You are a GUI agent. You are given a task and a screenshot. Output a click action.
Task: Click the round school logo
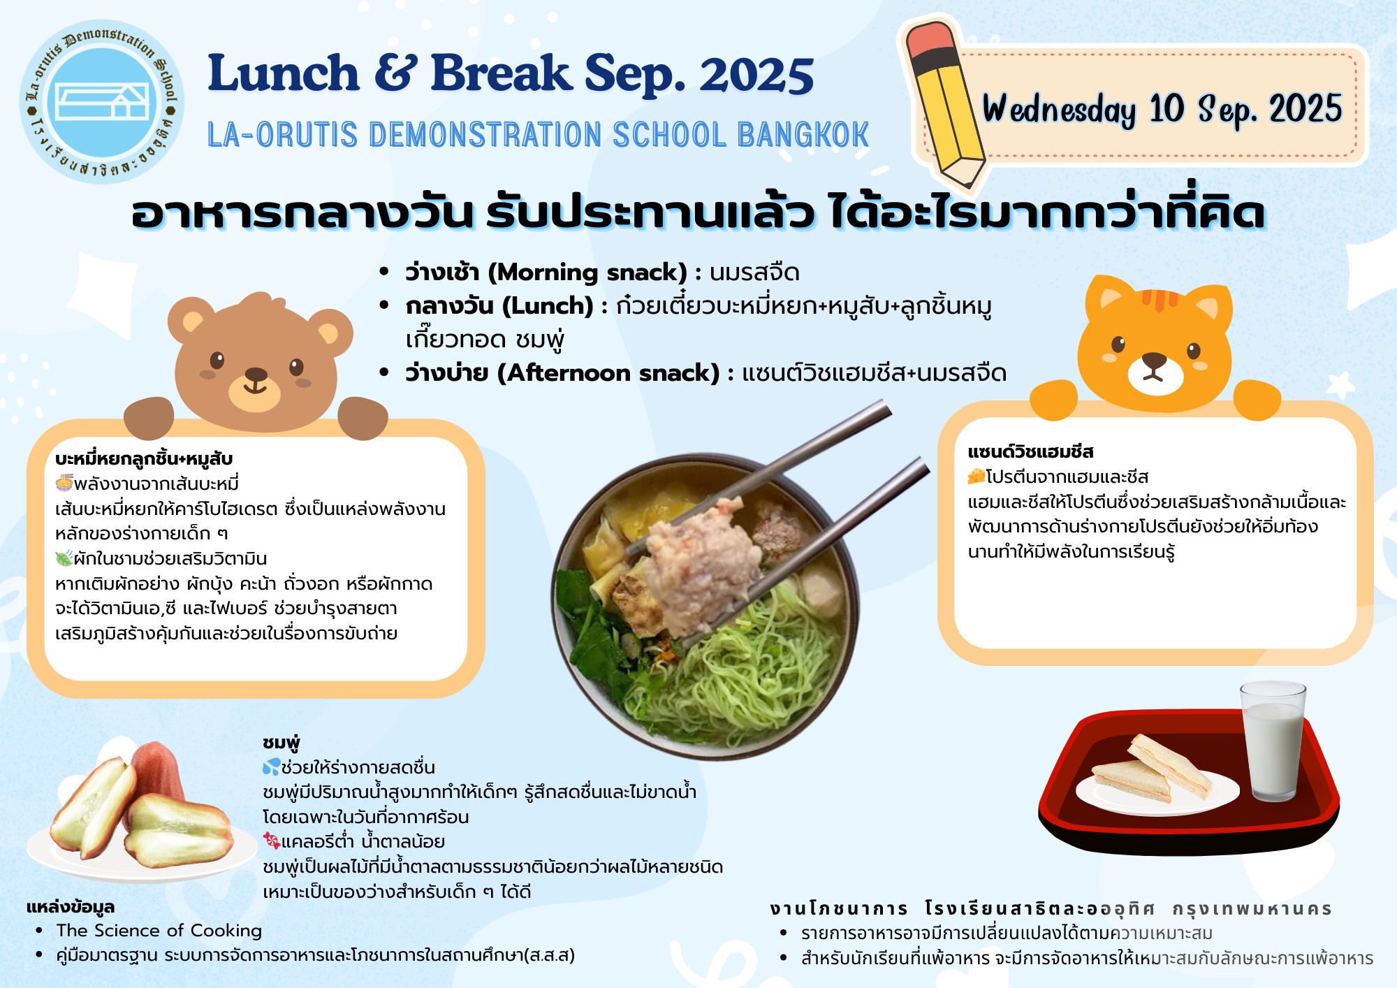click(x=102, y=102)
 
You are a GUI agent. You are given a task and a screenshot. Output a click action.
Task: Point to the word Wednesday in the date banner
click(x=1059, y=110)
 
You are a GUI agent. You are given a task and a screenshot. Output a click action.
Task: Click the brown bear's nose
click(x=256, y=375)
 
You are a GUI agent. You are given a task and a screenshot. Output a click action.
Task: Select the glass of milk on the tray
click(x=1272, y=741)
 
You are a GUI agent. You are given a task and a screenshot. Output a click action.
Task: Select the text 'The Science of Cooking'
click(x=159, y=931)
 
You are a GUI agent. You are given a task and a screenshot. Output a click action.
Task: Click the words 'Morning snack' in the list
click(x=587, y=273)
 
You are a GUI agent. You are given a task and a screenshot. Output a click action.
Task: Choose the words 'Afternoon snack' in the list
click(x=608, y=373)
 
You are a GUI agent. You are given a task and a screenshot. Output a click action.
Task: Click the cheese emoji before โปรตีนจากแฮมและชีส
click(x=976, y=477)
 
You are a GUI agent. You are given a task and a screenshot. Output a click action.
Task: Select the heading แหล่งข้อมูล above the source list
click(x=71, y=907)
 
